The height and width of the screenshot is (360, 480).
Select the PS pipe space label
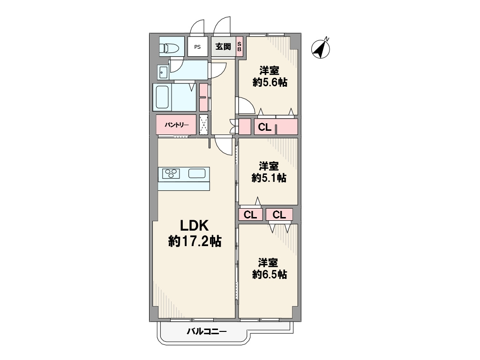tap(197, 47)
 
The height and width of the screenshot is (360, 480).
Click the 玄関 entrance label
tap(223, 46)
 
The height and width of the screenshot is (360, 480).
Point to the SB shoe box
tap(240, 46)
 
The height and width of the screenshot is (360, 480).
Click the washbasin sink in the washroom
tap(163, 73)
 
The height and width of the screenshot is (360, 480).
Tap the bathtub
tap(162, 97)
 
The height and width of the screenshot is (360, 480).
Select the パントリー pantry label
tap(177, 125)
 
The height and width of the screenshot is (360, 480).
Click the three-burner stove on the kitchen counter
tap(171, 173)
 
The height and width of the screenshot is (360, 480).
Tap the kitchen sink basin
tap(197, 173)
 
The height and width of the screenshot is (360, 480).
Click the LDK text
tap(195, 225)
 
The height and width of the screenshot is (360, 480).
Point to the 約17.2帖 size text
tap(195, 241)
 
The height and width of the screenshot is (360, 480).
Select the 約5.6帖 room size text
tap(270, 82)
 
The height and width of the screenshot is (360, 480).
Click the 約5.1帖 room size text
tap(269, 178)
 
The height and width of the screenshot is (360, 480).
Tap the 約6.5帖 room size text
tap(270, 274)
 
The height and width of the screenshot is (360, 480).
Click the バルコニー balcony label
tap(207, 331)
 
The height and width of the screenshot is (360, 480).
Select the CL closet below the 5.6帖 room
tap(265, 127)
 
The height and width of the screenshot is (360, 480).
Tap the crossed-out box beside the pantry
tap(203, 125)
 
